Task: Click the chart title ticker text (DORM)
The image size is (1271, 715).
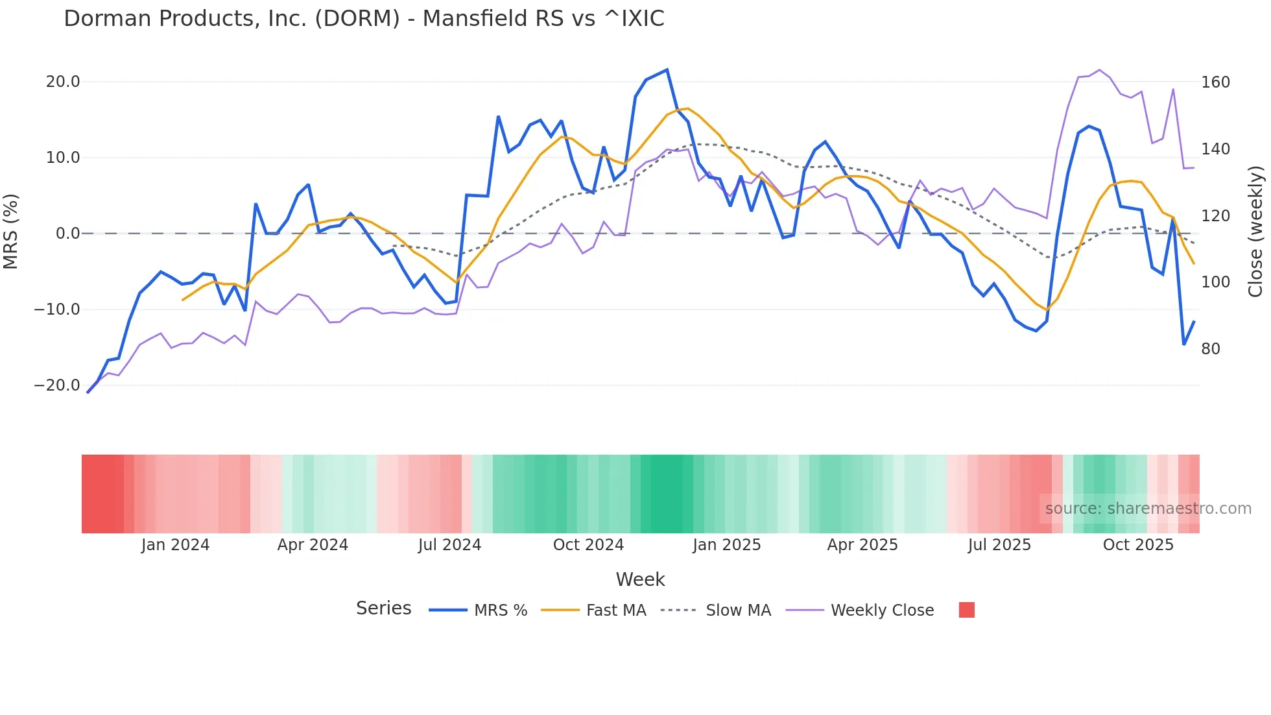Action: click(357, 18)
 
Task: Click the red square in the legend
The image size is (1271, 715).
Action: click(966, 610)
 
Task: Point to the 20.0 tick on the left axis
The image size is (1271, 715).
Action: click(63, 82)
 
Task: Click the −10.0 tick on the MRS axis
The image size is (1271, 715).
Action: click(57, 309)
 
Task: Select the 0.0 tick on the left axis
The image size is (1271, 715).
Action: click(67, 234)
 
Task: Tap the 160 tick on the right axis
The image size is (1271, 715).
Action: click(1215, 82)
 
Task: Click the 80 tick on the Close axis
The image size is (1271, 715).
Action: click(1210, 349)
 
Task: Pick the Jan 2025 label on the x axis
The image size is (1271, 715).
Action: click(726, 545)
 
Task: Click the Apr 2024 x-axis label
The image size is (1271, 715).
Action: click(313, 545)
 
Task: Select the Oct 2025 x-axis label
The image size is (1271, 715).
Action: click(1138, 545)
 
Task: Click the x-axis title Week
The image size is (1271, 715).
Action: click(640, 579)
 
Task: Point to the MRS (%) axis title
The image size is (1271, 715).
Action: click(11, 232)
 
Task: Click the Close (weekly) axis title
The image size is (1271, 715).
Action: click(1255, 232)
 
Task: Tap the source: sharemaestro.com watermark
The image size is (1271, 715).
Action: click(1148, 509)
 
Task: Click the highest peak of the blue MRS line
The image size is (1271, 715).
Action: click(667, 69)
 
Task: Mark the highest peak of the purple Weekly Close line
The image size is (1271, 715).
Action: click(1099, 69)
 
